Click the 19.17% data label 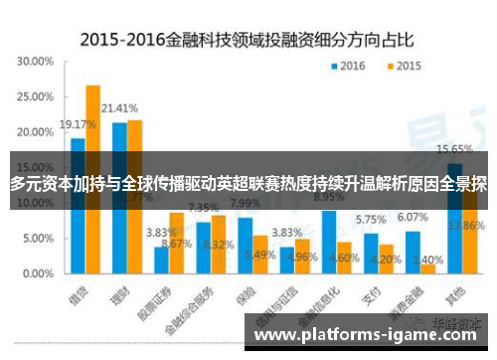[x=77, y=125]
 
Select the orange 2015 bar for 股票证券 [x=176, y=243]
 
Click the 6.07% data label [x=413, y=217]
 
